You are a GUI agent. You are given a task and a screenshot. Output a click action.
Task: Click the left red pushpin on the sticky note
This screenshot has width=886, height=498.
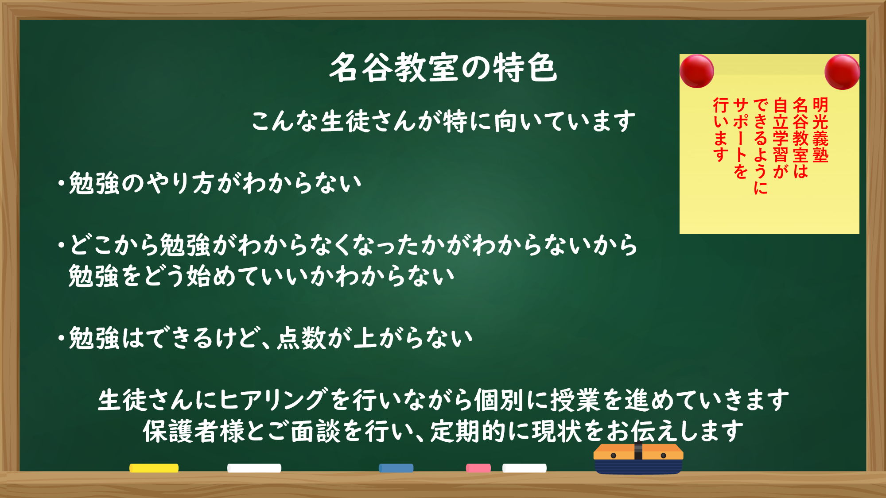[x=697, y=71]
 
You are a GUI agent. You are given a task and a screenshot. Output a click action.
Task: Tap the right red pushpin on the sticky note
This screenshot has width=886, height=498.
[x=842, y=72]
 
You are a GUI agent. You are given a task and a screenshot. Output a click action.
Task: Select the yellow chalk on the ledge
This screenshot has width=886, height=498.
[x=154, y=468]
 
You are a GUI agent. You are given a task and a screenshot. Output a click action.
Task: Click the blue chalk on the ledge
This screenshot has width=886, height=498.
[x=396, y=468]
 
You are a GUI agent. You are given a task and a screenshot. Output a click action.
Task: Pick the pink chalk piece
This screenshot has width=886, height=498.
[x=478, y=468]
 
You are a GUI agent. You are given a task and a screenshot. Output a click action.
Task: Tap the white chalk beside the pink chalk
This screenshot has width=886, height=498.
[x=525, y=468]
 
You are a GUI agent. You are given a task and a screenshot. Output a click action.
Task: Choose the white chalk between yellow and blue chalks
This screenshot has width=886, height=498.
[x=254, y=468]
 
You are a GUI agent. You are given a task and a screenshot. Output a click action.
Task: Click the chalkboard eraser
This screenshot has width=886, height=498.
[x=638, y=459]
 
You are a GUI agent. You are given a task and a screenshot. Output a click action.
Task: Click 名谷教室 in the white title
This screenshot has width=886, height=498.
[x=394, y=68]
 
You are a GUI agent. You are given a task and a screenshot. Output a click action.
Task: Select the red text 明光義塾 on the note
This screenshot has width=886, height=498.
[x=820, y=130]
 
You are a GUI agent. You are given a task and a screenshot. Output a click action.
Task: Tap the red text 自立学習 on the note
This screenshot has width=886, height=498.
[x=780, y=130]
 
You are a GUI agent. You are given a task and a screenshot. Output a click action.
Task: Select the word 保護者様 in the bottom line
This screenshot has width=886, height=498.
[x=194, y=431]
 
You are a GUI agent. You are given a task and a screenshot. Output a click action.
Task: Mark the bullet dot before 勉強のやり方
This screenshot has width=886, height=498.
[x=61, y=183]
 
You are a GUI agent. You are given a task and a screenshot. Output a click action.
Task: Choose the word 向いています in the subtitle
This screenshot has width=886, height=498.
[x=565, y=121]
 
